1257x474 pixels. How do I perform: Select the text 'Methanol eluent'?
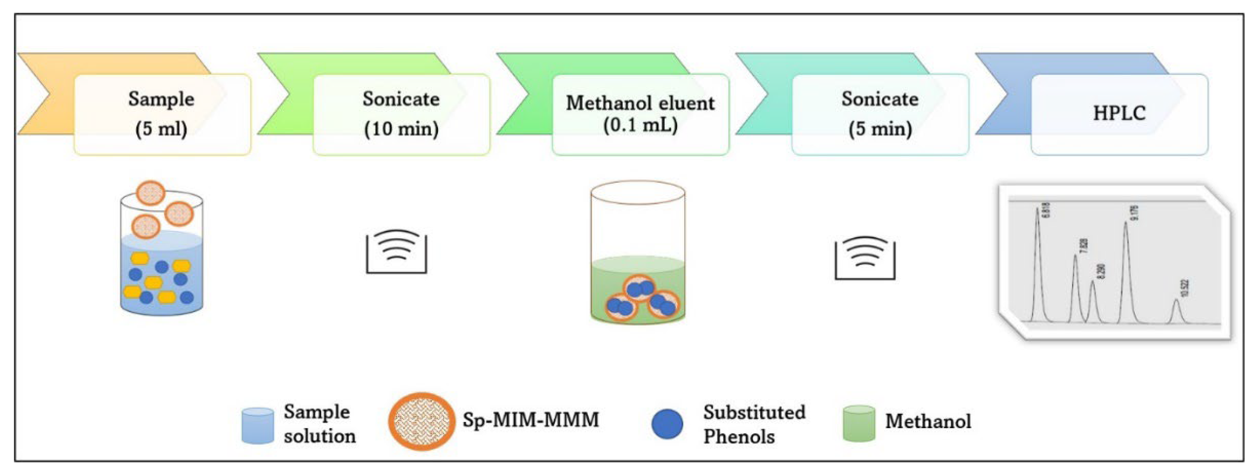coord(640,103)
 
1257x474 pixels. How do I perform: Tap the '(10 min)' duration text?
coord(401,129)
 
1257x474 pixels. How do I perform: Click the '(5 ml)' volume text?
coord(161,129)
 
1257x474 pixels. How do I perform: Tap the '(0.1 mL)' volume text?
coord(640,125)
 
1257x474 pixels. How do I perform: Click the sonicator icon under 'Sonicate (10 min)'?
coord(396,251)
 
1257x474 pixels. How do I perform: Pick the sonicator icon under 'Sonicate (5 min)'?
coord(865,258)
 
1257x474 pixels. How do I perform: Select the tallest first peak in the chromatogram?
coord(1037,215)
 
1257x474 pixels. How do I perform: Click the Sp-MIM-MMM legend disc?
coord(421,421)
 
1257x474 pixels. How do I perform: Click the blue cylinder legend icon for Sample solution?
coord(258,426)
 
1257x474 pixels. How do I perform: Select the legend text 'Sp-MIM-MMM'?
coord(530,420)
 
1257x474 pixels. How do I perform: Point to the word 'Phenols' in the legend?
coord(738,436)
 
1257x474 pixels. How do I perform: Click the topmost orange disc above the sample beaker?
coord(150,193)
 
